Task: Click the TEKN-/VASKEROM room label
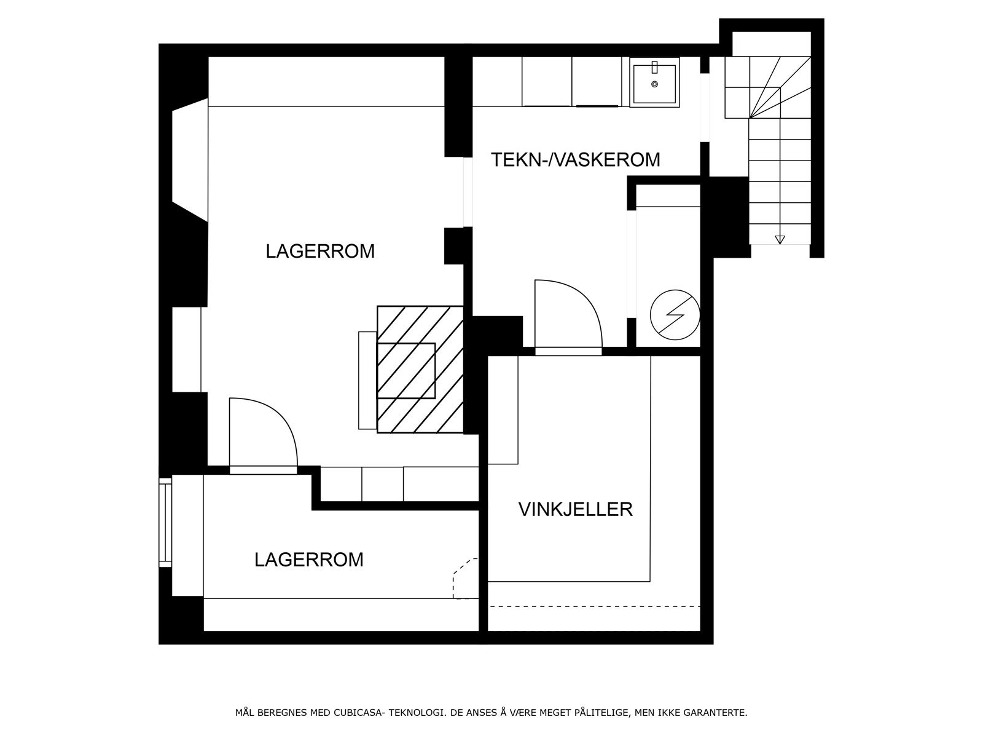tap(575, 159)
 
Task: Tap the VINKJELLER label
tap(575, 509)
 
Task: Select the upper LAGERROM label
tap(320, 252)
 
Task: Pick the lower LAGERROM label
tap(309, 560)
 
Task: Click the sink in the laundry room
tap(654, 82)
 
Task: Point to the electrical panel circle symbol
tap(675, 314)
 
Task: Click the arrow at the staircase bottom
tap(780, 239)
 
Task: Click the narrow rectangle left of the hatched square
tap(367, 380)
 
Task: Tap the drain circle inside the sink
tap(654, 84)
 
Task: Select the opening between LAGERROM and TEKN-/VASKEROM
tap(468, 192)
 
